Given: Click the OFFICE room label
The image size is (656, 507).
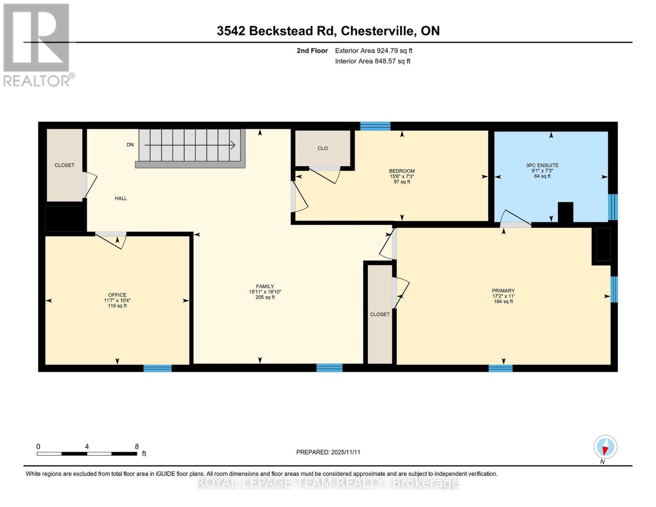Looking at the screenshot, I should pos(117,295).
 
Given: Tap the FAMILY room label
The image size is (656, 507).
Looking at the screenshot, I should pos(265,286).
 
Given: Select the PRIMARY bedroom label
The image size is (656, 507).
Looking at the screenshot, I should pos(503,291).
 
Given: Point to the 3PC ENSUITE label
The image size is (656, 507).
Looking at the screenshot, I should pos(542,166).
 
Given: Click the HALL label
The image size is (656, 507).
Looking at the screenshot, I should pos(121,198).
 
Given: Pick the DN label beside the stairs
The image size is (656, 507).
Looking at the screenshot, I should pos(130,144).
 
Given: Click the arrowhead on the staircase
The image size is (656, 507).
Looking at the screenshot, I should pos(233,145).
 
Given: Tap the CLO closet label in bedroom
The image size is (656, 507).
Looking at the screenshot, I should pos(323,148).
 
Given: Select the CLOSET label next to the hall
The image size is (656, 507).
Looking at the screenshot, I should pos(65,165).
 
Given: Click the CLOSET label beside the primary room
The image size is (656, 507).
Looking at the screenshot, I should pos(380,314).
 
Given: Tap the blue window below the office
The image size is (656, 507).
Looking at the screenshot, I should pos(158,368).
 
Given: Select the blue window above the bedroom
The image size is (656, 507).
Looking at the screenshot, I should pos(375,126).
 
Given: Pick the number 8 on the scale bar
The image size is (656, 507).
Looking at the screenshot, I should pos(137,447).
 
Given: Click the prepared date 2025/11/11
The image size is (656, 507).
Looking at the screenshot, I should pos(346,452).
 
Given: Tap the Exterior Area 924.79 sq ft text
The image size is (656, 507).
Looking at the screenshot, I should pos(373,51).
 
